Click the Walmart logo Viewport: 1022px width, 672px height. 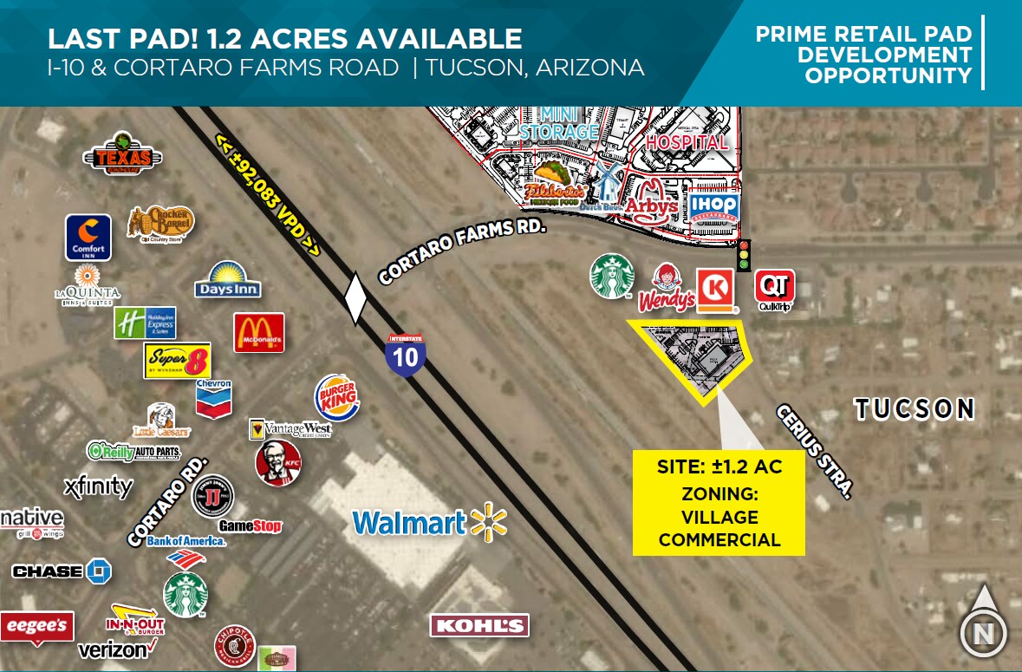point(429,522)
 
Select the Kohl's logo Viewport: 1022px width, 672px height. point(479,625)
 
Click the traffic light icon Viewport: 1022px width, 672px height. point(743,256)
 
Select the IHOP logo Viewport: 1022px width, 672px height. point(713,206)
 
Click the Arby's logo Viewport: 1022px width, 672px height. point(651,202)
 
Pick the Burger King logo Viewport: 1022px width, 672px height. point(336,398)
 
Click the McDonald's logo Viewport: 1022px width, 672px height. point(258,332)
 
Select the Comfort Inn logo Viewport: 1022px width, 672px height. point(88,237)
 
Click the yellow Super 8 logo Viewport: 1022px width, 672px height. point(177,360)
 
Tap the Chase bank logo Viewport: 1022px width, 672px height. point(62,571)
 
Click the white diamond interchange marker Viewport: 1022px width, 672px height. point(355,300)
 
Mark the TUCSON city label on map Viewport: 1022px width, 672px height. point(915,408)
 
